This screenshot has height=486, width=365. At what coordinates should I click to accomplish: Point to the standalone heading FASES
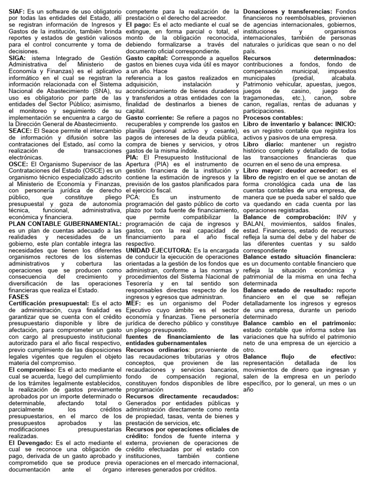click(19, 296)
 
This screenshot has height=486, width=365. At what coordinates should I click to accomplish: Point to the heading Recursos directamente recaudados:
click(182, 396)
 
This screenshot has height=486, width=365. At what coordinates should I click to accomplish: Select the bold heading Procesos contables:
click(272, 117)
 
